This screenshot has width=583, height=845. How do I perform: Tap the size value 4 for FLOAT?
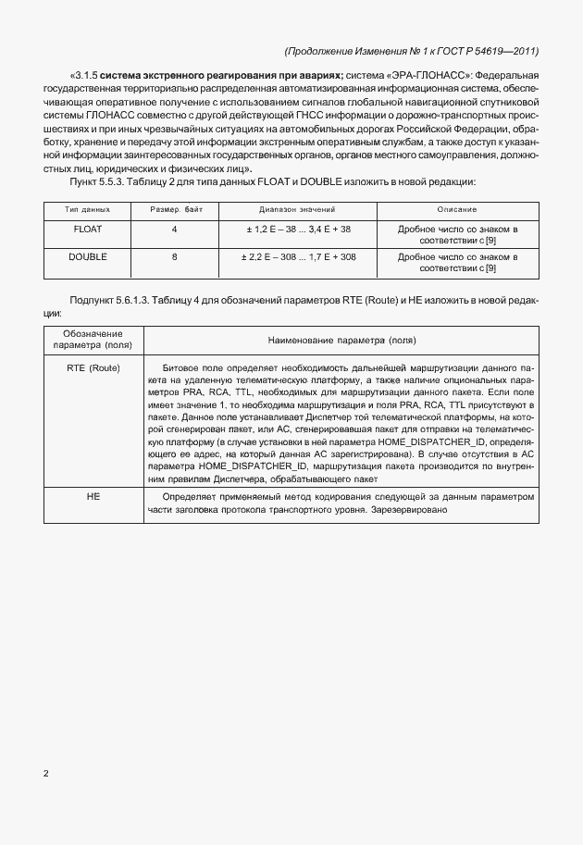coord(174,229)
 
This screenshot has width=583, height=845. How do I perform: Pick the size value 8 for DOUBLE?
coord(174,256)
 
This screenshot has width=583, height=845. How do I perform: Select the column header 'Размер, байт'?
coord(175,210)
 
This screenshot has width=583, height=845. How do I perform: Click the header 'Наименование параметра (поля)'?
coord(341,340)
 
